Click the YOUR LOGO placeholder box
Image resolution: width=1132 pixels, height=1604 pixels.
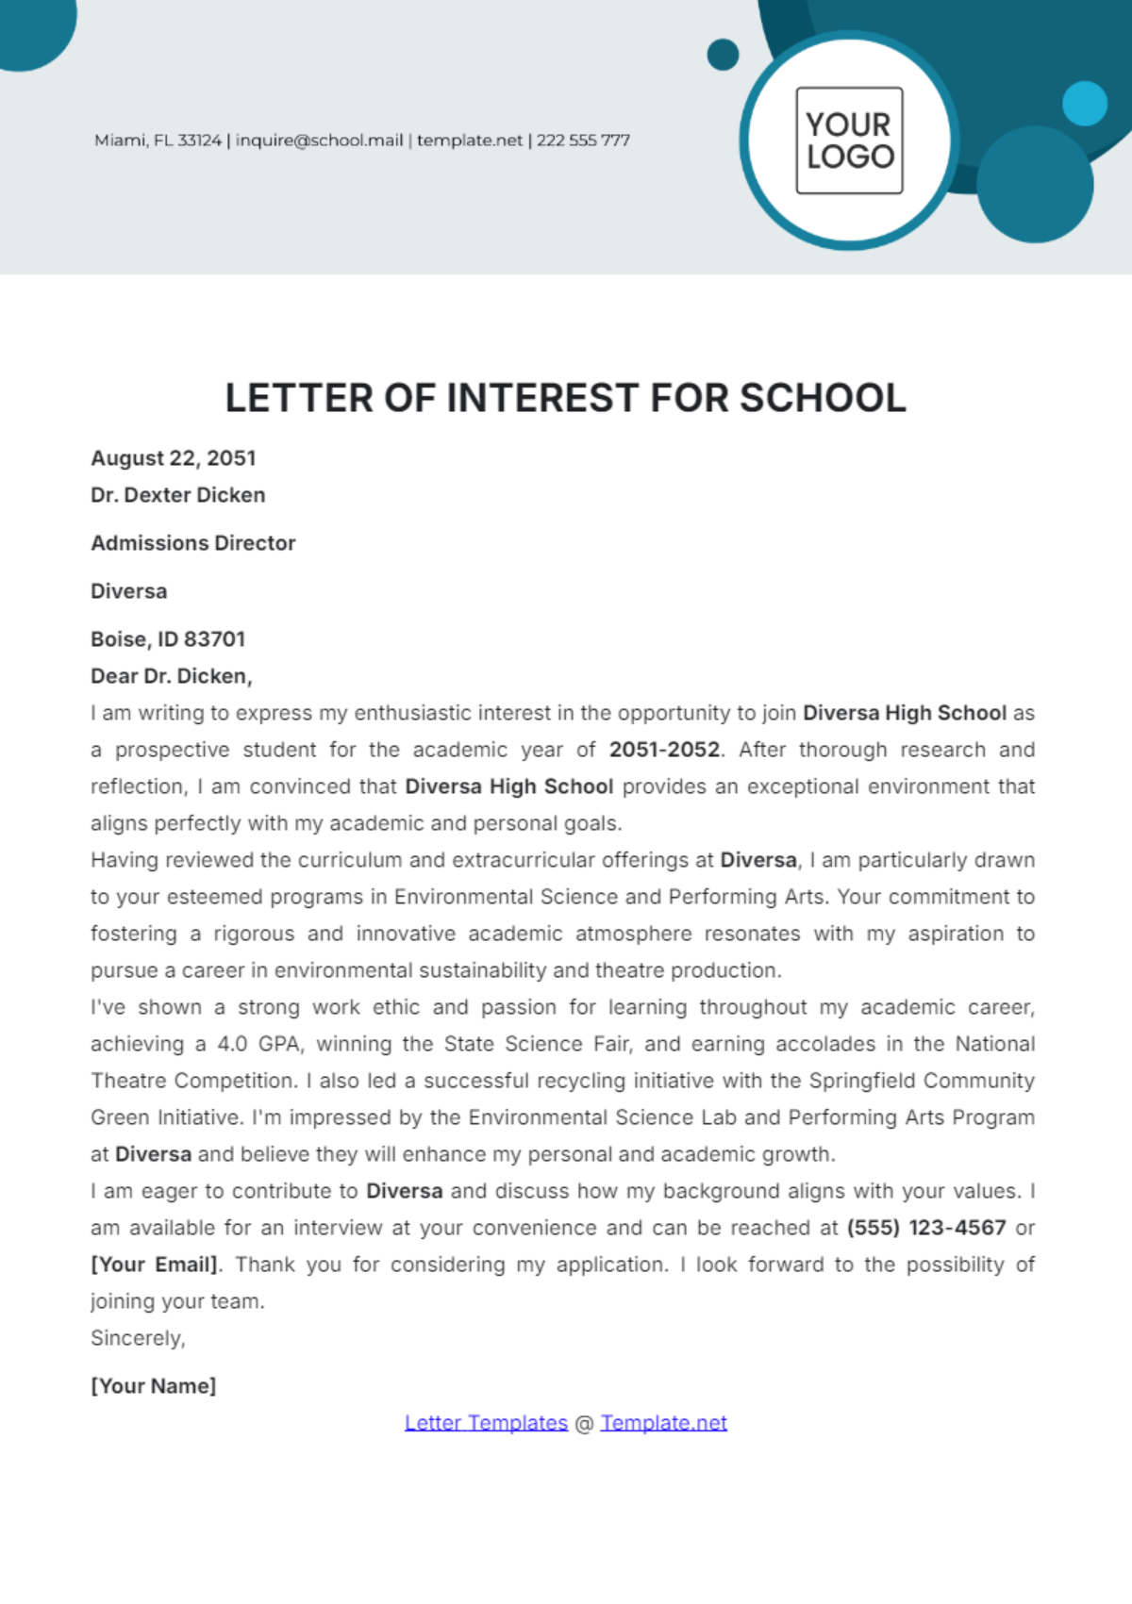tap(849, 141)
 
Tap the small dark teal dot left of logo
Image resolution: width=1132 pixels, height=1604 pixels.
tap(723, 55)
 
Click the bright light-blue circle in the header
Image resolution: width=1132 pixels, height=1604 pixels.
tap(1084, 104)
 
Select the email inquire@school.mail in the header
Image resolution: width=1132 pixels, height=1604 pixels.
tap(319, 141)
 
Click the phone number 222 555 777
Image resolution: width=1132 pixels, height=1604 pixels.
tap(583, 141)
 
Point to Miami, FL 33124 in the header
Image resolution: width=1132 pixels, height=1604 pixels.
tap(158, 141)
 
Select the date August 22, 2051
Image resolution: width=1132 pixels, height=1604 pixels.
tap(174, 458)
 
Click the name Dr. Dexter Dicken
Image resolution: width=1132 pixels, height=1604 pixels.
tap(178, 495)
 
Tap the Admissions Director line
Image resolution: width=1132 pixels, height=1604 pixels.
tap(193, 543)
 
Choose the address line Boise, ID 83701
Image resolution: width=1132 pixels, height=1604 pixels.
tap(168, 639)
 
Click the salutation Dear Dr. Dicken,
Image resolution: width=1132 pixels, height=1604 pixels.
tap(172, 676)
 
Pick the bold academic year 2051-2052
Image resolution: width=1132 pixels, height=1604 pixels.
tap(664, 750)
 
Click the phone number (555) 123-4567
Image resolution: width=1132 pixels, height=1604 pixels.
tap(926, 1228)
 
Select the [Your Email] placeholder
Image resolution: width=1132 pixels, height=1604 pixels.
tap(155, 1265)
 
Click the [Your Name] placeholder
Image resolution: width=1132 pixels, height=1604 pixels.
tap(154, 1386)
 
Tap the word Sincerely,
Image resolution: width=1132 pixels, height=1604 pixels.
tap(138, 1338)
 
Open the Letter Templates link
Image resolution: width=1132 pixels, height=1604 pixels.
tap(486, 1423)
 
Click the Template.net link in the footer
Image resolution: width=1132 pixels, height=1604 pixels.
tap(663, 1423)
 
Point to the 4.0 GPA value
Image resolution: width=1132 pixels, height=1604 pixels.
tap(258, 1044)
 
